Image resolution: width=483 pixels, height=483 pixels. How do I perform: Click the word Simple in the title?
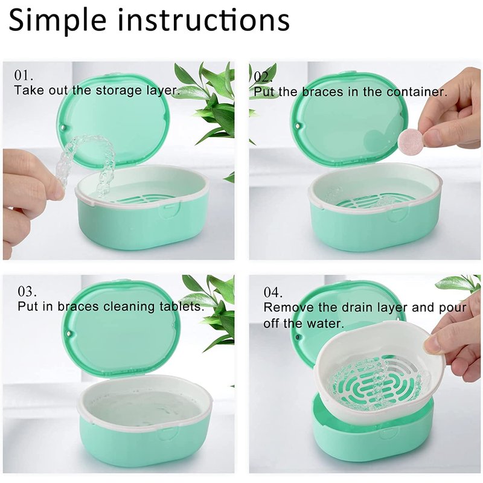pyautogui.click(x=57, y=21)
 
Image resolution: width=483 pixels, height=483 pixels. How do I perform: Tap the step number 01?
pyautogui.click(x=24, y=75)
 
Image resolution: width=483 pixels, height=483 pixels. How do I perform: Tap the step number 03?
pyautogui.click(x=27, y=291)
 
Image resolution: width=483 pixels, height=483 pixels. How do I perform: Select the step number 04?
pyautogui.click(x=273, y=292)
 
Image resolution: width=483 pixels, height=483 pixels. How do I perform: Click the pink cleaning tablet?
pyautogui.click(x=410, y=139)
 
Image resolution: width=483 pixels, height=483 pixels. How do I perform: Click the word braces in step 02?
pyautogui.click(x=322, y=92)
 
